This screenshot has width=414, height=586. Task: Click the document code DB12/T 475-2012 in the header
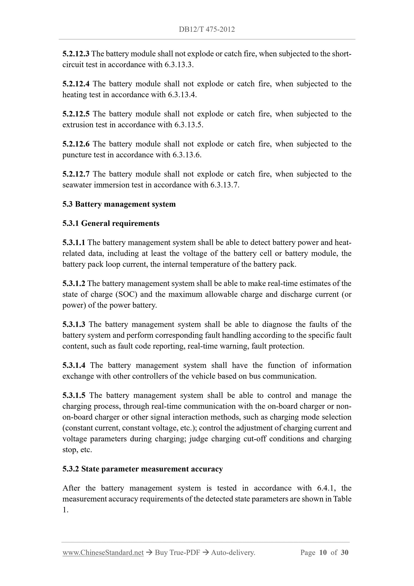(207, 29)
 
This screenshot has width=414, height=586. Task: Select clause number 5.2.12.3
(76, 54)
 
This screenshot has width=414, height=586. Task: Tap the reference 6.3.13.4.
(182, 95)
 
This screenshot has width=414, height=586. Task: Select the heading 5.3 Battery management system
(119, 204)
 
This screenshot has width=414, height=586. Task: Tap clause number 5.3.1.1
(74, 242)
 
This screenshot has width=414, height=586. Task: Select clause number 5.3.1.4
(74, 365)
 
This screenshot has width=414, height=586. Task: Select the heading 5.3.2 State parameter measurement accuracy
(143, 469)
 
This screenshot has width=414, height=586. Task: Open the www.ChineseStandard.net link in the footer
(103, 553)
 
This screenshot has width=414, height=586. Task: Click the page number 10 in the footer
(323, 553)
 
